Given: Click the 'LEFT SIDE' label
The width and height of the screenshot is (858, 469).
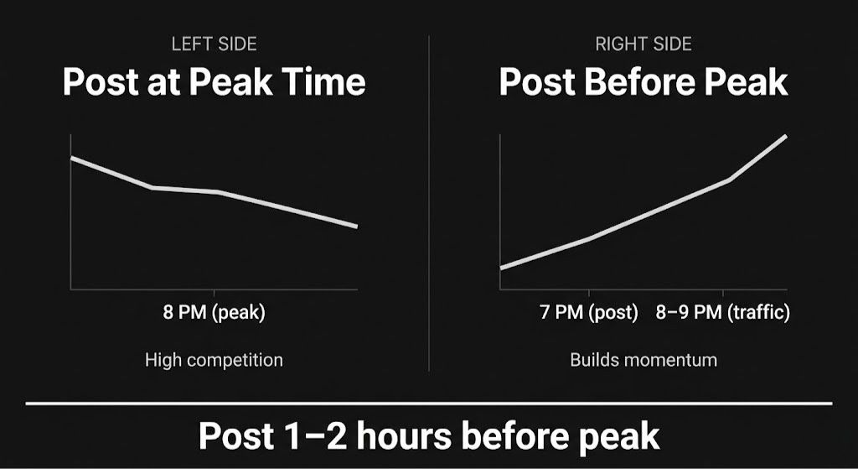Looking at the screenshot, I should point(214,44).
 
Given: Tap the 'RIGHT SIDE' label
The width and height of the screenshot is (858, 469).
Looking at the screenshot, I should point(643,44).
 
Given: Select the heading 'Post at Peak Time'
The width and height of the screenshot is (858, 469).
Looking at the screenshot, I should point(214,82).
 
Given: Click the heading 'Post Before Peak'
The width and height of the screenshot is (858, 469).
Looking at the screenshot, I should point(643,82).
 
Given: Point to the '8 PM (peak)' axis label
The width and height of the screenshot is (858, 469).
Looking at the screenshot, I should point(214,314).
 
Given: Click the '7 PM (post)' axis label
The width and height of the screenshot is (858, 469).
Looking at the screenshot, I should point(589,313).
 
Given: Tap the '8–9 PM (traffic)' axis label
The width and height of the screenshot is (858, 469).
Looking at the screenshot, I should point(723,313).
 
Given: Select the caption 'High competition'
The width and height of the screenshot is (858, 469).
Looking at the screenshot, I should point(214,360).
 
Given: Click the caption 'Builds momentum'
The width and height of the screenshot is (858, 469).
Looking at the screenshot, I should point(643,360).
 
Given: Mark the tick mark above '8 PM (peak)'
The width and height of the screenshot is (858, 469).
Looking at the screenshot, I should point(214,294).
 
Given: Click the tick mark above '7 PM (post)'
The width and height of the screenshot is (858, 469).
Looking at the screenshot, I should point(589,294).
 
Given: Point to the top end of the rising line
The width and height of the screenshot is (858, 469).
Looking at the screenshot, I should point(786,136).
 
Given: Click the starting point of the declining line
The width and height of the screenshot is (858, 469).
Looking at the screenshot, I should point(72,158).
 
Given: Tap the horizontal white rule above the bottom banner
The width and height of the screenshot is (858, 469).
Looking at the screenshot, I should point(429,404).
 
